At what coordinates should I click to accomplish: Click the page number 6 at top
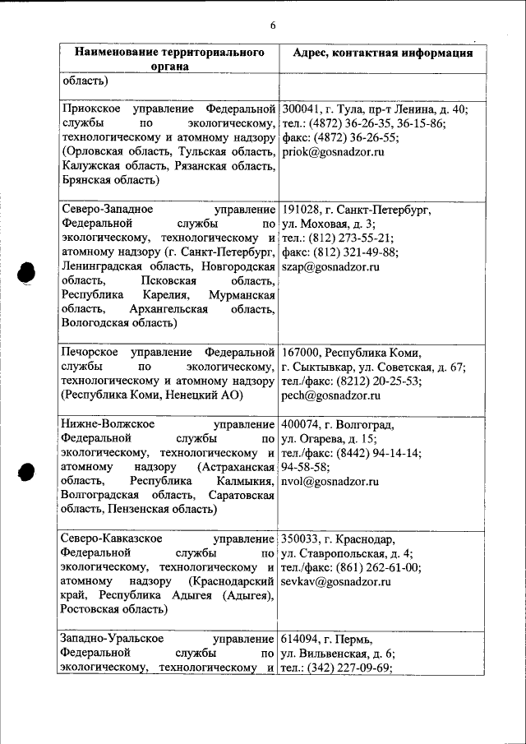coord(272,25)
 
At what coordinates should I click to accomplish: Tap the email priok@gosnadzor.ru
coord(334,152)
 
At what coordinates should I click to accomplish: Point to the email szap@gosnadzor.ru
coord(330,266)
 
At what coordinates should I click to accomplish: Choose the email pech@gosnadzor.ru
coord(330,395)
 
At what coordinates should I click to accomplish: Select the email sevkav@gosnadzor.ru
coord(336,581)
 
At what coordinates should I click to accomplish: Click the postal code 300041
coord(300,109)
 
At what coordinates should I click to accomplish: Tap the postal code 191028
coord(300,210)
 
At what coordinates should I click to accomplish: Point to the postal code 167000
coord(300,353)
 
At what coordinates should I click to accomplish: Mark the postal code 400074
coord(300,425)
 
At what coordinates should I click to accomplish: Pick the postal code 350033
coord(300,539)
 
